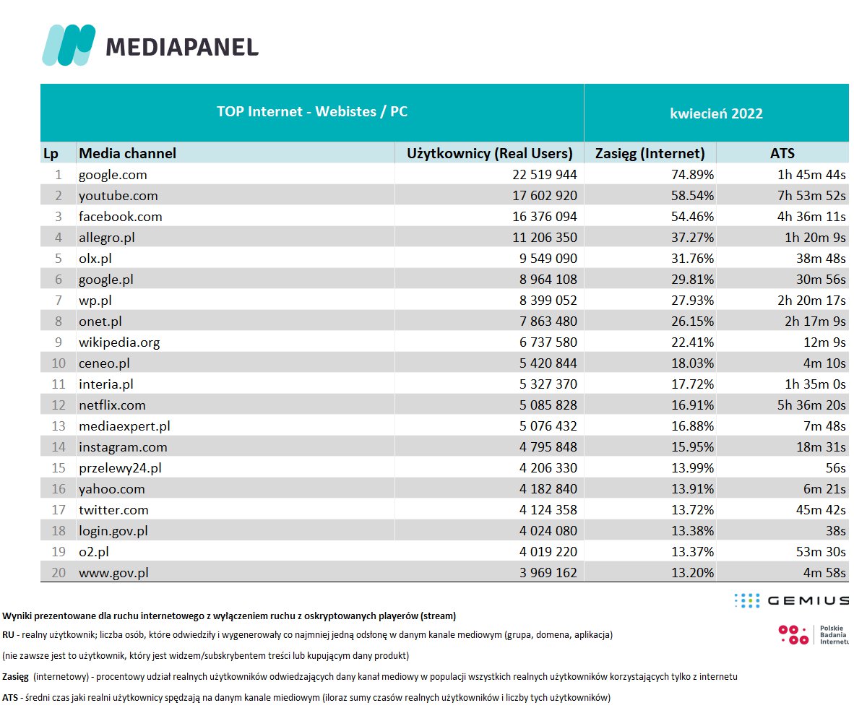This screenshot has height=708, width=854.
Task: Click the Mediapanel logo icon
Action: (x=69, y=46)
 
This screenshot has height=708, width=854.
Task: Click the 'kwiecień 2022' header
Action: (x=716, y=113)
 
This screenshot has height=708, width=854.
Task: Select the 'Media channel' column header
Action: (x=127, y=153)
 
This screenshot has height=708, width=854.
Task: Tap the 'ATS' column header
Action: (x=782, y=153)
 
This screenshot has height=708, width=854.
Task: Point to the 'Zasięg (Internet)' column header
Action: (x=650, y=153)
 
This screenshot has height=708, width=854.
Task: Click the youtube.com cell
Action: (x=118, y=196)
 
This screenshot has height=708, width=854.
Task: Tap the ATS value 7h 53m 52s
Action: (x=806, y=196)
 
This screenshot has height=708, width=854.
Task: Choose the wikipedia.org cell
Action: (x=119, y=342)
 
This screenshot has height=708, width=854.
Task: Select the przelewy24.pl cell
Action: (x=120, y=468)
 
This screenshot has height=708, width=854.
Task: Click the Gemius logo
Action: (x=790, y=600)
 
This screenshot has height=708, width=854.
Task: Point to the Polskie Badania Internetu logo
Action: (x=812, y=634)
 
